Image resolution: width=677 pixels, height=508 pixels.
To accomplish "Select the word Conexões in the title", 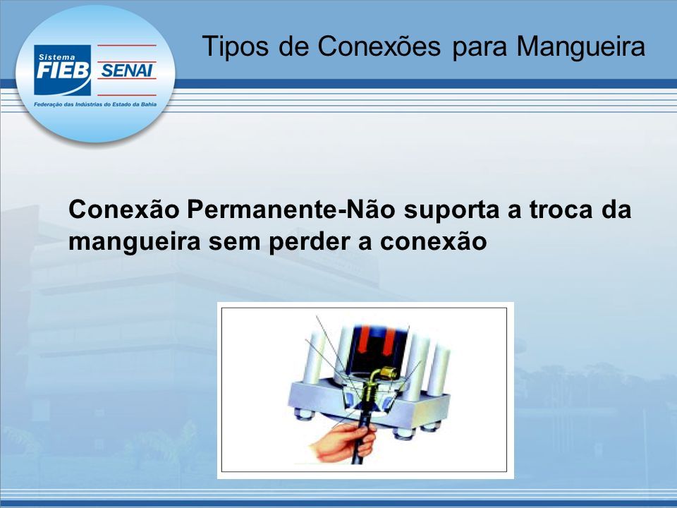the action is pos(379,46).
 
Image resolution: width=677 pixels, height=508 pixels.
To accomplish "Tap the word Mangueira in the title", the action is pos(580,47).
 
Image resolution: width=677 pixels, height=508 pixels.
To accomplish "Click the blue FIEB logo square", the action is pos(62,70).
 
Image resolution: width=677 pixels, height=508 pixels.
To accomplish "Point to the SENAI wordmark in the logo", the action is pos(126,70).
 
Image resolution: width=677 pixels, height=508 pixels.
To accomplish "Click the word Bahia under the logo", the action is pos(149,104).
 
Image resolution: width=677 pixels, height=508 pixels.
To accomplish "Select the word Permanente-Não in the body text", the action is pos(290,210).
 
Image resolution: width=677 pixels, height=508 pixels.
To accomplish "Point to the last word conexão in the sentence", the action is pos(434,242).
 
